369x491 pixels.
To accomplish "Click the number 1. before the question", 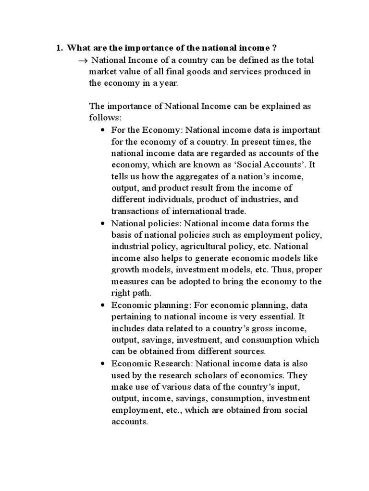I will click(x=60, y=48).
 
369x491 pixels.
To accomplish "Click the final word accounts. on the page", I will click(x=130, y=421).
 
